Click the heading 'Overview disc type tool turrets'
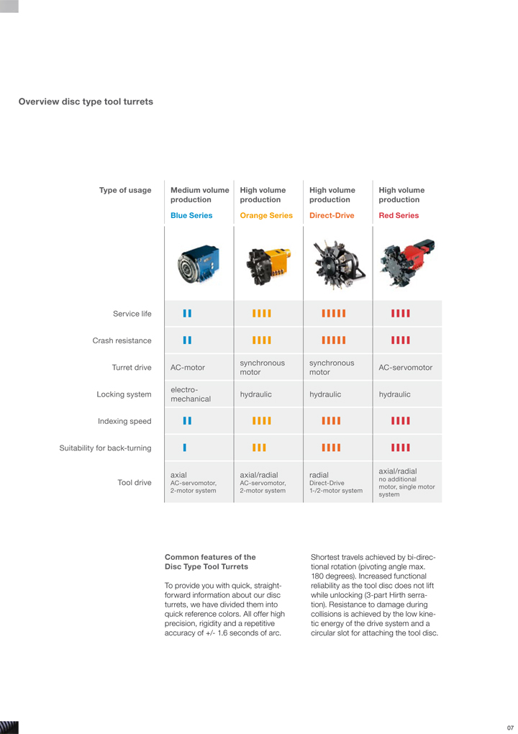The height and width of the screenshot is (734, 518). point(86,101)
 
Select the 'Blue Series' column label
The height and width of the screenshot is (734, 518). point(191,215)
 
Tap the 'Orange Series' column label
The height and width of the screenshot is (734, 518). point(266,215)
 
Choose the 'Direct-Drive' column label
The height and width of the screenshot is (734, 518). point(332,215)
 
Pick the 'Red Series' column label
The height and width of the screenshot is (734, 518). point(399,215)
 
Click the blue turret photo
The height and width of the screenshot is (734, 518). point(199,264)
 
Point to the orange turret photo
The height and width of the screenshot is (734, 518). point(267,264)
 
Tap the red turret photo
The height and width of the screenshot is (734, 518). point(407,264)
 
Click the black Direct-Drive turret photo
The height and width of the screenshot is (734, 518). point(337,264)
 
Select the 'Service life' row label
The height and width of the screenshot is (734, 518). point(132,314)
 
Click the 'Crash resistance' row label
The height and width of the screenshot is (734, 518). point(122,340)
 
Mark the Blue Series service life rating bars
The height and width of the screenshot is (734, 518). point(188,314)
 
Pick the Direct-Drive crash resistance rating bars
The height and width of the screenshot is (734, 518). point(334,340)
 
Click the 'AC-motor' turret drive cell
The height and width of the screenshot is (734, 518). point(188,368)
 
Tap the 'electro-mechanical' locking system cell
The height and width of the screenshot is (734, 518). point(191,394)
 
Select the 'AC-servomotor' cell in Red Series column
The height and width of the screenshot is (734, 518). point(406,368)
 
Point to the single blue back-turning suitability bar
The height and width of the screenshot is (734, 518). point(185,448)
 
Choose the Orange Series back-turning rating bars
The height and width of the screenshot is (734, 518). point(259,448)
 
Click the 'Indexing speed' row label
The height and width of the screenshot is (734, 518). point(124,421)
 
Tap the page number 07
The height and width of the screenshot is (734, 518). point(510,728)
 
